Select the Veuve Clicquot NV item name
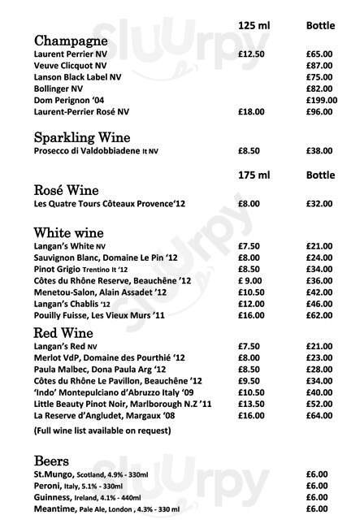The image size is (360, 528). (69, 65)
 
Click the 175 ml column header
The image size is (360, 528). (254, 175)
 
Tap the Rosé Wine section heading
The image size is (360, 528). (67, 189)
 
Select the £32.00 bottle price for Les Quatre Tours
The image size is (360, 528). (319, 204)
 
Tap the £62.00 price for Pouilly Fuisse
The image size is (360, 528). (319, 314)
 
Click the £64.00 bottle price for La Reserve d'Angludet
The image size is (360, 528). (319, 415)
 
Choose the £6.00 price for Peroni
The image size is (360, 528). (316, 486)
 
